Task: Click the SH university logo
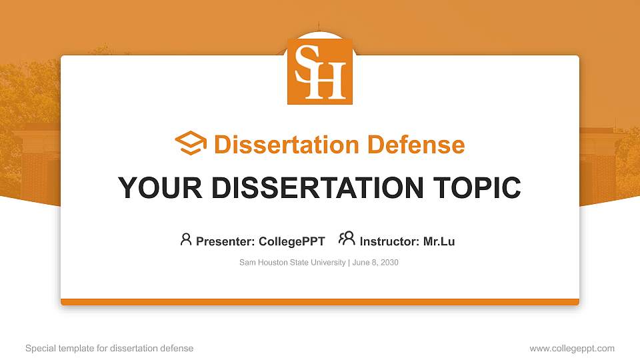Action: tap(320, 71)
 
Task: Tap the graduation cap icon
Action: tap(191, 144)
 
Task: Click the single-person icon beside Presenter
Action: tap(186, 239)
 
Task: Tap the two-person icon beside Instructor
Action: tap(347, 239)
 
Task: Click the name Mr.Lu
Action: tap(439, 241)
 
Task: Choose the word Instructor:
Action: tap(389, 241)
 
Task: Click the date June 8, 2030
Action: tap(375, 263)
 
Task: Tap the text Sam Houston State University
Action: tap(292, 263)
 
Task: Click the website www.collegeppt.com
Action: tap(572, 348)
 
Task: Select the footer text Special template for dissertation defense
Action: tap(109, 348)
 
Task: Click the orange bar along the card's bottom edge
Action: tap(320, 302)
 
